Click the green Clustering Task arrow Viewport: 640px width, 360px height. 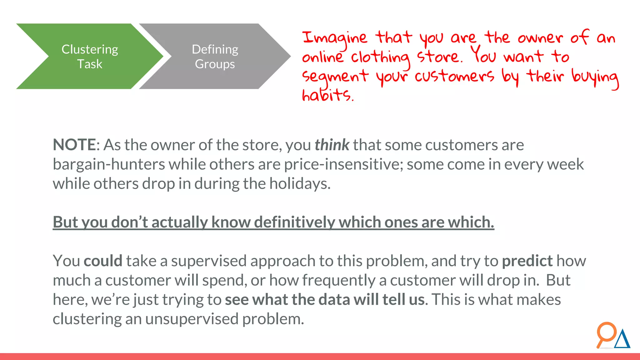click(x=90, y=57)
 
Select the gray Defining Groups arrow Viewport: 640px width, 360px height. click(x=215, y=57)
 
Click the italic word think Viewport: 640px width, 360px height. click(x=332, y=145)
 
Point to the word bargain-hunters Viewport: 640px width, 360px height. click(x=108, y=164)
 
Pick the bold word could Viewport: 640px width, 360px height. click(x=103, y=261)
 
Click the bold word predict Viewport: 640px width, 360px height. click(x=527, y=261)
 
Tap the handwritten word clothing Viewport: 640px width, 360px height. click(x=380, y=58)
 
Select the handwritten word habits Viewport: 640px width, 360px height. click(x=327, y=95)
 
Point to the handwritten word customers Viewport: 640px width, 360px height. click(x=454, y=76)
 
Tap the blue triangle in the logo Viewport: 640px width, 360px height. click(x=622, y=339)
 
